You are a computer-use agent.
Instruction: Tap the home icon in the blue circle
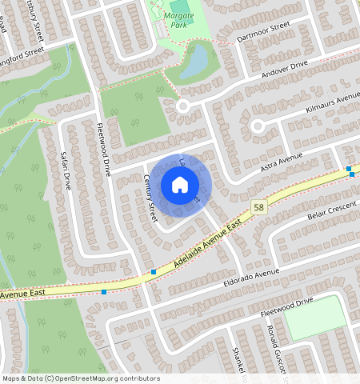click(180, 186)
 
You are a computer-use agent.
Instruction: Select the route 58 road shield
click(258, 207)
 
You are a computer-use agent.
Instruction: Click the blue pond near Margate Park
click(196, 62)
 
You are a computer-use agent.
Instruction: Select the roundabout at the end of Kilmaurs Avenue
click(258, 126)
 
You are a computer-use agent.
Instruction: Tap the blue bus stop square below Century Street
click(154, 272)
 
